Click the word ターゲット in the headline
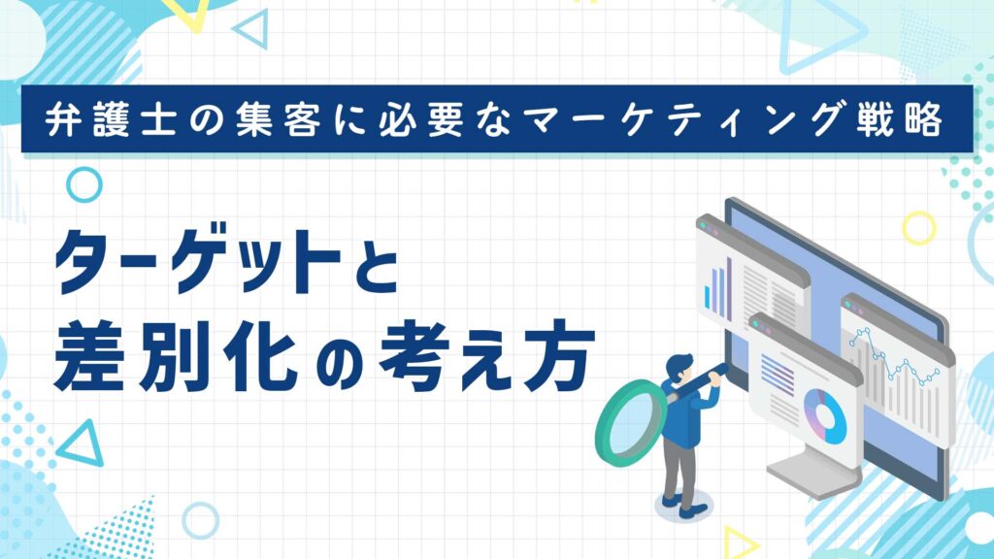[198, 261]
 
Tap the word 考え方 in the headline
[486, 357]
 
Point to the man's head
[680, 367]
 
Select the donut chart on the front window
[825, 416]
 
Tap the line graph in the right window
[894, 358]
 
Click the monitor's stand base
[814, 474]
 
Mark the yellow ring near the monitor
[919, 229]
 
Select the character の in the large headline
[339, 365]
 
